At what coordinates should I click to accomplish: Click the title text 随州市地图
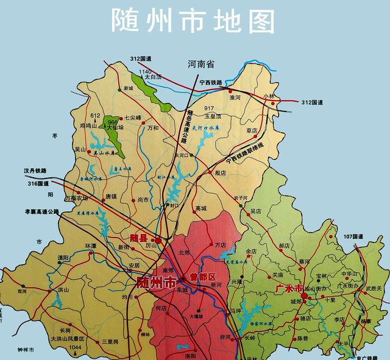(x=194, y=21)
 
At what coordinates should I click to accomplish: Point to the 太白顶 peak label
(x=151, y=78)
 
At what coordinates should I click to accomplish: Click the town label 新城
(x=128, y=89)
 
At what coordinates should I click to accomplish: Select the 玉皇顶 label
(x=212, y=115)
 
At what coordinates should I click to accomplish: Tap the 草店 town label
(x=252, y=130)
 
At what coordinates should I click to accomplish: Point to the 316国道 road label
(x=38, y=184)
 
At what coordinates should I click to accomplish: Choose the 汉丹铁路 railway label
(x=35, y=171)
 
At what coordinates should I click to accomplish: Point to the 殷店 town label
(x=220, y=173)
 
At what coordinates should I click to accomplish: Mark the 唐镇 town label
(x=110, y=197)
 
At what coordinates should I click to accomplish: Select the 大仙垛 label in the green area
(x=116, y=129)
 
